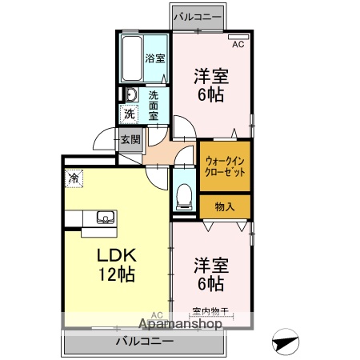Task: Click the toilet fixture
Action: tap(184, 194)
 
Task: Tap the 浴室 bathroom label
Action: tap(154, 58)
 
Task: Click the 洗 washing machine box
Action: tap(129, 114)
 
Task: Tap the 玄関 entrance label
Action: tap(130, 139)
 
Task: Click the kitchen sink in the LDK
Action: tap(105, 216)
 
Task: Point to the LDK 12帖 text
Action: tap(118, 264)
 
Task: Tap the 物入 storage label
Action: tap(225, 207)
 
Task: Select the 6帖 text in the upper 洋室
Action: tap(211, 94)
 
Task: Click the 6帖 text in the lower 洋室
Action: tap(211, 283)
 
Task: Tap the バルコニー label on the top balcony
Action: tap(197, 16)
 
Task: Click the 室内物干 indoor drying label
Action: tap(210, 313)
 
